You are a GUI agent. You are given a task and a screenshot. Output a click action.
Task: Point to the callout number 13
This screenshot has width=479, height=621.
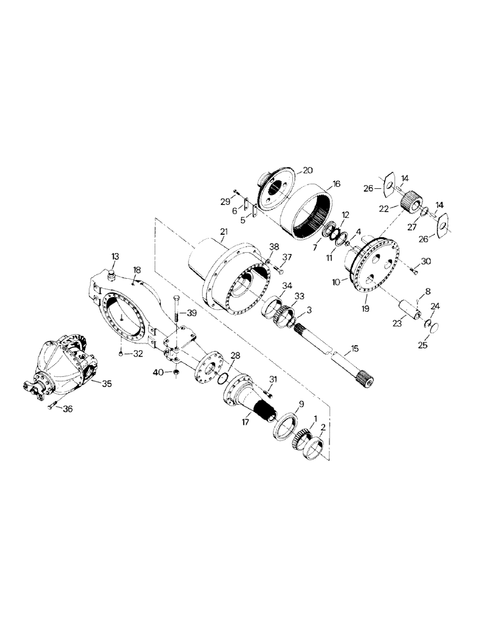coord(115,256)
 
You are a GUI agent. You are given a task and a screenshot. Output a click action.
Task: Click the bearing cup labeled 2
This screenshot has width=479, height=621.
coord(313,448)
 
